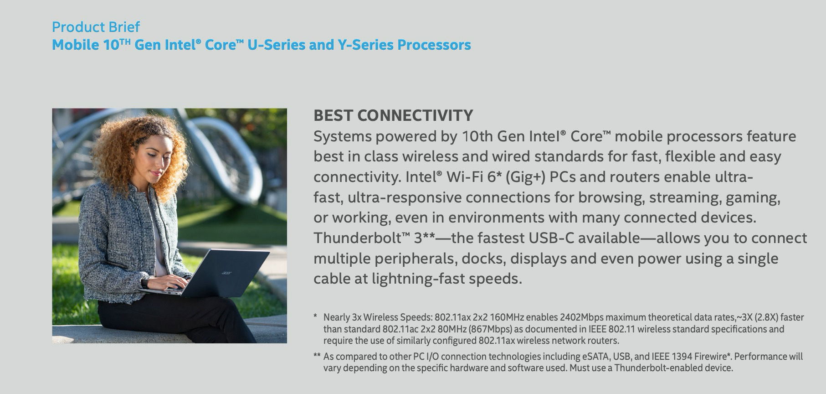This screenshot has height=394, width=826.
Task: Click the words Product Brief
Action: tap(96, 27)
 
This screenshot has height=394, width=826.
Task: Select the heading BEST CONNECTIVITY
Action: tap(393, 115)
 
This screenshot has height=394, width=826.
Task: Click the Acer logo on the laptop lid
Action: tap(226, 273)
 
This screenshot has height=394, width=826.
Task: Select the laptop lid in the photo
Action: tap(226, 271)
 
